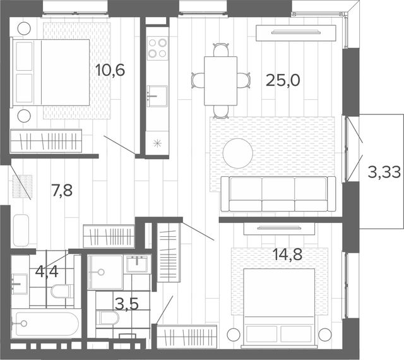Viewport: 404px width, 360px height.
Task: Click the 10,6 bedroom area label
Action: tap(110, 70)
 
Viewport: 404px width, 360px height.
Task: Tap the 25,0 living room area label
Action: tap(283, 80)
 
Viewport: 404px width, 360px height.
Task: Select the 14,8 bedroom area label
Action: tap(287, 255)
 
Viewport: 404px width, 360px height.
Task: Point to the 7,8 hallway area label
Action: tap(62, 191)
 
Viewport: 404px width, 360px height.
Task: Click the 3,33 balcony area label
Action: tap(384, 172)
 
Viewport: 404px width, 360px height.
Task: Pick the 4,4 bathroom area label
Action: tap(47, 272)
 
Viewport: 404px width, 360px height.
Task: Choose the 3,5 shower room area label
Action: tap(127, 304)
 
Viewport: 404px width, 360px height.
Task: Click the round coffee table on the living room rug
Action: tap(238, 153)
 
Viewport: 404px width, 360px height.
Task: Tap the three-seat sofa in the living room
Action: tap(278, 194)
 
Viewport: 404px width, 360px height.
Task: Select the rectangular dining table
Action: tap(220, 81)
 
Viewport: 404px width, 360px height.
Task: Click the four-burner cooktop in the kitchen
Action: tap(157, 48)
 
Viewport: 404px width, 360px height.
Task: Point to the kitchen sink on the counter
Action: tap(157, 96)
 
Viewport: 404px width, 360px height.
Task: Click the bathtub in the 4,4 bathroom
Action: tap(45, 324)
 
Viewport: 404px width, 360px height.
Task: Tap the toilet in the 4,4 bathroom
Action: tap(62, 291)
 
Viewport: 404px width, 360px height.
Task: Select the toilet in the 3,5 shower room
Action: tap(108, 318)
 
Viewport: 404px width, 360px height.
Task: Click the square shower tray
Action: tap(105, 272)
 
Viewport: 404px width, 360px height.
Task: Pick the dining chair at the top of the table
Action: tap(221, 50)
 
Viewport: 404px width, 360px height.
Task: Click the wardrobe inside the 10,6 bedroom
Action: tap(46, 141)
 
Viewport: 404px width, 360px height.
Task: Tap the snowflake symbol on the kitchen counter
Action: tap(157, 143)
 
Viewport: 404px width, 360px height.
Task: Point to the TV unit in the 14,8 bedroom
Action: tap(279, 229)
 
